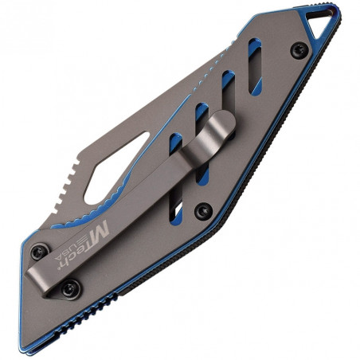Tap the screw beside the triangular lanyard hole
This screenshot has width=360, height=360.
299,49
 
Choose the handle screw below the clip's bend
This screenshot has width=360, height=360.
205,210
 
